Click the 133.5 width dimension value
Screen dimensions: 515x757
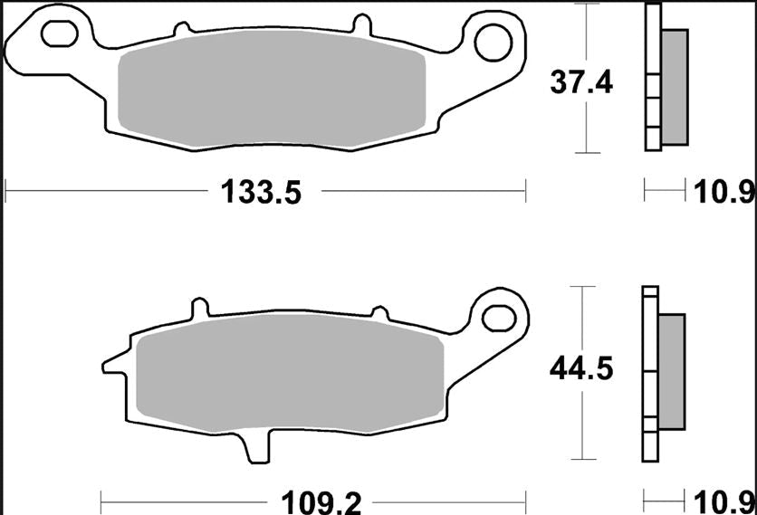[x=260, y=192]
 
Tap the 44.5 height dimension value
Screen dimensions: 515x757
[x=581, y=368]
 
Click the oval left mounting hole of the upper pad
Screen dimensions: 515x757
[x=59, y=33]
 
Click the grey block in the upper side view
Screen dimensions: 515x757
[x=675, y=86]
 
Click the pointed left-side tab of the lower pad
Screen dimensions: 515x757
[x=111, y=367]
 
